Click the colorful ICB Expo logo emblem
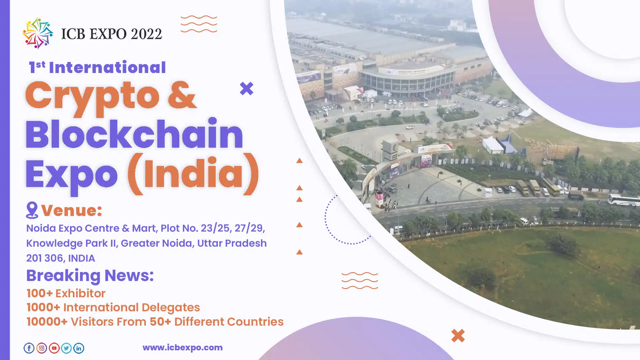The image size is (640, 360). (x=38, y=33)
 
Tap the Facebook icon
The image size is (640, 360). (x=29, y=348)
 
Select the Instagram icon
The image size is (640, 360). (x=42, y=348)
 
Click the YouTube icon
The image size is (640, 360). (x=54, y=348)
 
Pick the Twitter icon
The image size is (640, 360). (x=66, y=348)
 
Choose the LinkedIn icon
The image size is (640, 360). (x=79, y=348)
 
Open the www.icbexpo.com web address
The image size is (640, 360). (x=183, y=347)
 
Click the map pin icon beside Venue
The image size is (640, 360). (x=32, y=210)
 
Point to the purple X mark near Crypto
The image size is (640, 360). (x=247, y=88)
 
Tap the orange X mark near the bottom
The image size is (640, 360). (x=458, y=336)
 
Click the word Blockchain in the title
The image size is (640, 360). (x=134, y=134)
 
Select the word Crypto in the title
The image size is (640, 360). (x=92, y=97)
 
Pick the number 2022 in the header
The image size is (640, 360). (x=146, y=34)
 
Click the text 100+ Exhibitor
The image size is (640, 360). (x=66, y=293)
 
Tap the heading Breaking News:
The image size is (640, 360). (x=90, y=276)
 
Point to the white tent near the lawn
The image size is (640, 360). (x=493, y=145)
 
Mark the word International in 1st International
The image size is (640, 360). (x=107, y=68)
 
